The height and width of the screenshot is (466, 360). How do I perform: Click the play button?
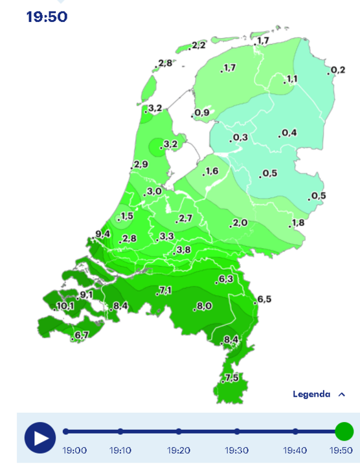pos(40,438)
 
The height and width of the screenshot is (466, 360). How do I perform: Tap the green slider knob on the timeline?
pos(344,431)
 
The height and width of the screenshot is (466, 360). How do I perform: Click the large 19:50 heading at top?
pos(47,17)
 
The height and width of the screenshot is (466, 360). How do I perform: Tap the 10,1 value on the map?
pos(65,306)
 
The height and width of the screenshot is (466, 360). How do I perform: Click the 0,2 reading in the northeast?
pos(337,70)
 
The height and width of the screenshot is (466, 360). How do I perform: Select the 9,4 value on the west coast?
pos(102,234)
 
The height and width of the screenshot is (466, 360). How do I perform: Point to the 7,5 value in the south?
pos(232,378)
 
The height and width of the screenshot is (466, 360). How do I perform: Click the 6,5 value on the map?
pos(264,299)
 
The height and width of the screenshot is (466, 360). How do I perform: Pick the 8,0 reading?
pos(204,305)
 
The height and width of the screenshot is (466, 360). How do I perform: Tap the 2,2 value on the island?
pos(198,45)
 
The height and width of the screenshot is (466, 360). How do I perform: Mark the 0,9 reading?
pos(201,113)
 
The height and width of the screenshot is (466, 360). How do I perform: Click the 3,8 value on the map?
pos(183,250)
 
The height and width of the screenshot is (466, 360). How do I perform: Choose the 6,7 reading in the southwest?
pos(82,335)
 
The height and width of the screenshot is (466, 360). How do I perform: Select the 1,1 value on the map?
pos(291,79)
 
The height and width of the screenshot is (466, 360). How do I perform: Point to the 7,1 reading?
pos(164,290)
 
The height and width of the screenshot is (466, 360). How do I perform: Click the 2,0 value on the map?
pos(240,223)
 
